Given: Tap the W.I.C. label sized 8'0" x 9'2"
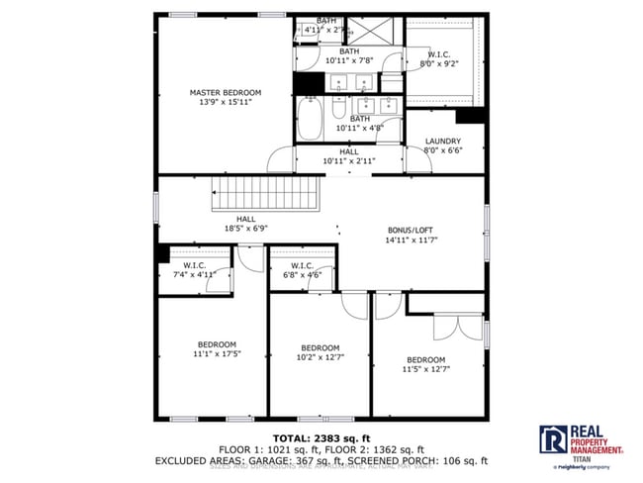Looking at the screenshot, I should click(442, 59).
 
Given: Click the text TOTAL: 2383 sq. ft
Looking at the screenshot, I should click(322, 436).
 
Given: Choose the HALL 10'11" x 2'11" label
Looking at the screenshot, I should click(349, 155).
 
